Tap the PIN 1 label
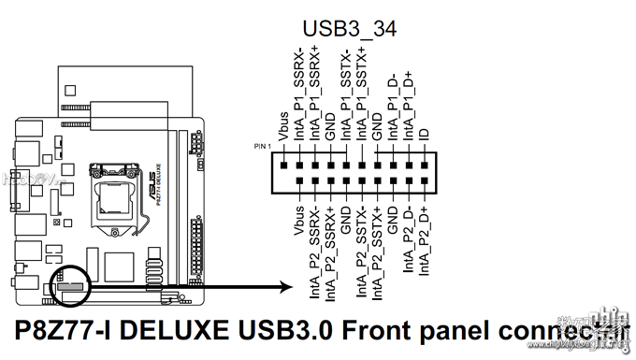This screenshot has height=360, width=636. (x=263, y=148)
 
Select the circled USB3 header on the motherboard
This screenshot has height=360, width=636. (x=71, y=281)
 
